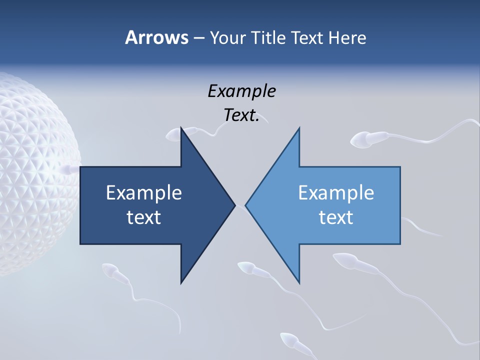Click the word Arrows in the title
(x=156, y=37)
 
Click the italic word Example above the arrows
(x=241, y=91)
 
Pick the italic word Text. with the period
(x=241, y=115)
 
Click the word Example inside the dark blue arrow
(x=144, y=192)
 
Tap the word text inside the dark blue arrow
(x=144, y=217)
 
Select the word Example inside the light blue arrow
(x=336, y=192)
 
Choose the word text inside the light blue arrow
(x=336, y=217)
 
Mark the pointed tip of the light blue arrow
(x=246, y=205)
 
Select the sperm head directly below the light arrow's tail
(x=344, y=260)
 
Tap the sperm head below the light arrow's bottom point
(x=246, y=267)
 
